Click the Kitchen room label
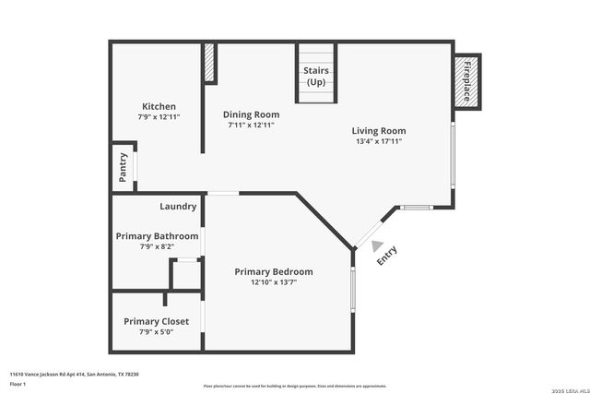point(158,106)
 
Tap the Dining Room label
point(251,114)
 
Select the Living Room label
point(378,130)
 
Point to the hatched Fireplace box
point(466,80)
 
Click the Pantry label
point(123,166)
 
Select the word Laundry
point(178,206)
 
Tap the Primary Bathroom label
point(157,236)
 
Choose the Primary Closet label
point(156,321)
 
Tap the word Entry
point(387,256)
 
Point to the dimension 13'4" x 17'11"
point(378,141)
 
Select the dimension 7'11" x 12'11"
point(251,125)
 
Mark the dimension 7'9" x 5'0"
point(156,331)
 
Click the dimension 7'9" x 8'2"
point(156,246)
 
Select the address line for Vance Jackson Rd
point(74,373)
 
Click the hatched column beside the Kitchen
point(209,63)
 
